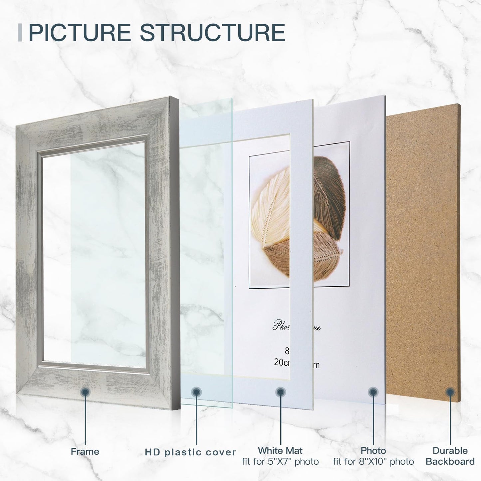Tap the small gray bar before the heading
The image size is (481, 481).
point(20,33)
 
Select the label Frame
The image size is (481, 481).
point(85,451)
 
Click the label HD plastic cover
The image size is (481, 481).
point(190,452)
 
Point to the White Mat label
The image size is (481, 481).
point(280,450)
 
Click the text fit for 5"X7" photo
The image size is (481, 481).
point(280,462)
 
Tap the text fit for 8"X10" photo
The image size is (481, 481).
point(373,462)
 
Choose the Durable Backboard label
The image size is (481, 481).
point(450,456)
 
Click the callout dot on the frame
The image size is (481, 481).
point(85,392)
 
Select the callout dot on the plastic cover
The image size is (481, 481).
point(196,392)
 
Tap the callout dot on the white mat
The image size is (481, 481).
point(281,392)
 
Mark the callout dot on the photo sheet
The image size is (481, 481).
point(373,392)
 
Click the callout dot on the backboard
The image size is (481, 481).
point(450,392)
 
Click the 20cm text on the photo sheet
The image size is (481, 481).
point(282,362)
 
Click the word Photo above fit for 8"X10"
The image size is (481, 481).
point(373,450)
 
